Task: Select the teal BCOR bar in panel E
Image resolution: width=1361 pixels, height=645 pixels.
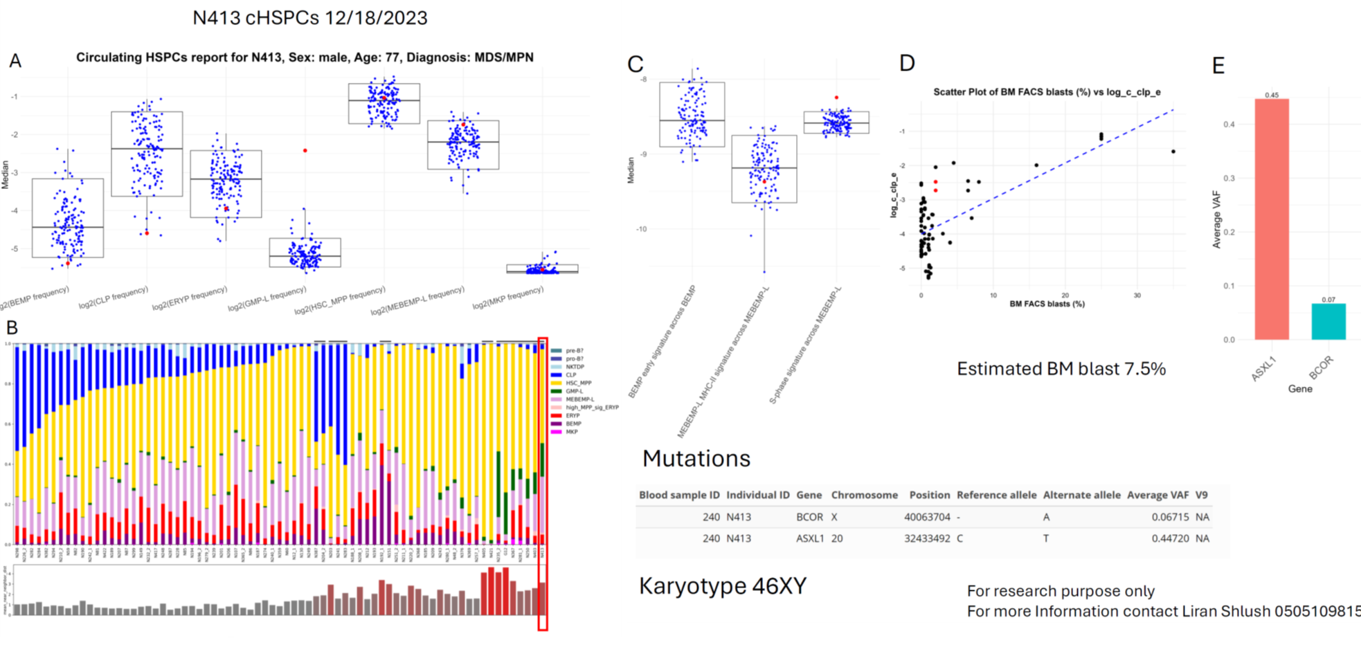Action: tap(1328, 321)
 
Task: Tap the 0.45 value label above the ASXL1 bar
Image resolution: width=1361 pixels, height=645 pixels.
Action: tap(1272, 96)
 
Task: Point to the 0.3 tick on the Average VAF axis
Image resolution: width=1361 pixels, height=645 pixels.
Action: tap(1229, 179)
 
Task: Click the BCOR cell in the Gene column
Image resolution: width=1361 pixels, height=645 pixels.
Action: tap(809, 517)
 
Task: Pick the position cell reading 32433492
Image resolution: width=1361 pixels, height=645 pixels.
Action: tap(927, 538)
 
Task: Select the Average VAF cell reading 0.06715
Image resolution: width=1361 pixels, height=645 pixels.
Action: tap(1170, 517)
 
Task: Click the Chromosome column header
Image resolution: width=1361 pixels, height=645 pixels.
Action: tap(864, 495)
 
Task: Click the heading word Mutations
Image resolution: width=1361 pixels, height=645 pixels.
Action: tap(696, 458)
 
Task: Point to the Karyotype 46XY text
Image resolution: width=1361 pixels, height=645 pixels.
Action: tap(722, 586)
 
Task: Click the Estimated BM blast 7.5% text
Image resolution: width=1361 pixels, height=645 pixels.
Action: tap(1061, 369)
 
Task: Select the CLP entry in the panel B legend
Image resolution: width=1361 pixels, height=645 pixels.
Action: tap(570, 375)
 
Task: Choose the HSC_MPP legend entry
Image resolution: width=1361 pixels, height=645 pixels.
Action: tap(578, 383)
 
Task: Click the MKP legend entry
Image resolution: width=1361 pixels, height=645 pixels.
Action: tap(571, 432)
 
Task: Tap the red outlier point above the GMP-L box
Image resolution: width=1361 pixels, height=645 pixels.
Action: tap(305, 150)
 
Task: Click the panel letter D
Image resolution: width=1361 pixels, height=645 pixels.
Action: tap(907, 64)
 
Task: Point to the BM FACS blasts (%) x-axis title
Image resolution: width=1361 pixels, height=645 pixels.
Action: tap(1047, 304)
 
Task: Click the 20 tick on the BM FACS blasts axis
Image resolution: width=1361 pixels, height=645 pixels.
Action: tap(1065, 296)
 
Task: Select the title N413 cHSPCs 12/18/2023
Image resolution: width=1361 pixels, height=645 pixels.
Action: tap(309, 18)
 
